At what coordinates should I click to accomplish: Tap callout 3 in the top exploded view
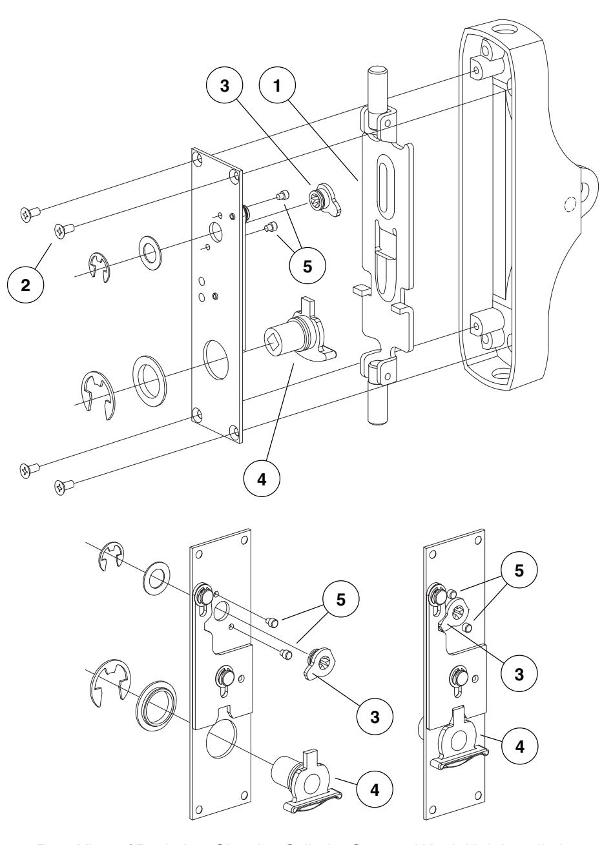click(x=225, y=88)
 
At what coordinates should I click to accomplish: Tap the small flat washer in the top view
click(x=151, y=248)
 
